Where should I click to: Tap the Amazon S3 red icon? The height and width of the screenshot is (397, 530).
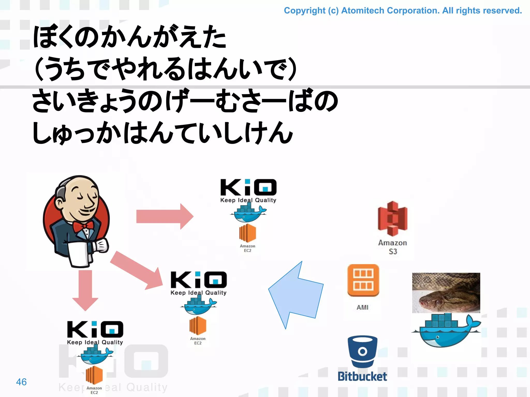pyautogui.click(x=393, y=219)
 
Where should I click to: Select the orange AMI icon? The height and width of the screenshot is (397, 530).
pyautogui.click(x=363, y=280)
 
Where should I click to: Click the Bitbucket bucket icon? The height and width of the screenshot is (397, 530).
pyautogui.click(x=363, y=352)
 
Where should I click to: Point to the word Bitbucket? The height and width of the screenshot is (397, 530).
pyautogui.click(x=362, y=377)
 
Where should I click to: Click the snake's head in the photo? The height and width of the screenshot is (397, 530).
pyautogui.click(x=437, y=301)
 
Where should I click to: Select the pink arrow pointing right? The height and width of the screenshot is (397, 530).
pyautogui.click(x=165, y=216)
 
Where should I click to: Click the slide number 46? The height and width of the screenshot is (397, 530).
pyautogui.click(x=21, y=382)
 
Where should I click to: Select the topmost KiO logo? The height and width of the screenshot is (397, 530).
pyautogui.click(x=248, y=188)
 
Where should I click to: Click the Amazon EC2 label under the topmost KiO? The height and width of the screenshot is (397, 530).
pyautogui.click(x=247, y=248)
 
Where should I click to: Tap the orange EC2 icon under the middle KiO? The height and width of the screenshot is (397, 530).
pyautogui.click(x=198, y=326)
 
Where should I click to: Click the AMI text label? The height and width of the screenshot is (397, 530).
pyautogui.click(x=362, y=307)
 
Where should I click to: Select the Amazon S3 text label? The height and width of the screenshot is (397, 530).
pyautogui.click(x=393, y=247)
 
